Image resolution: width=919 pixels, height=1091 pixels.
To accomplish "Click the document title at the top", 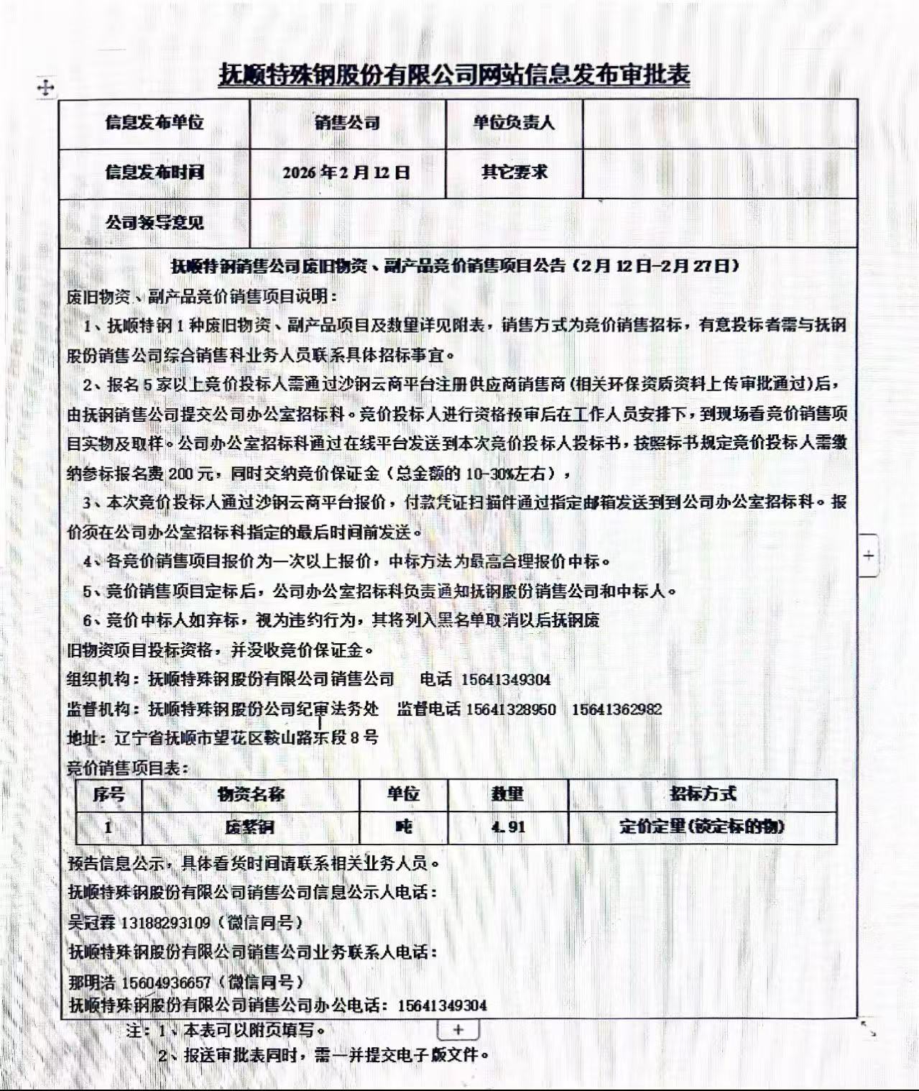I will (x=453, y=75).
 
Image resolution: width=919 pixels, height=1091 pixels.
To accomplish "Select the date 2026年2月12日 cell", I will (x=346, y=172).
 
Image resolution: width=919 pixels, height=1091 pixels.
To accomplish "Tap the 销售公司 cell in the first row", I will (x=347, y=123).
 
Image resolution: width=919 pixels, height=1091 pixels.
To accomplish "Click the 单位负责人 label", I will (x=514, y=123).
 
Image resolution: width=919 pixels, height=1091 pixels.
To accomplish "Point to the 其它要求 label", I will (x=514, y=172).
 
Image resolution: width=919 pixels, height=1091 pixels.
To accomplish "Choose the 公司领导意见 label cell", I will (x=154, y=223).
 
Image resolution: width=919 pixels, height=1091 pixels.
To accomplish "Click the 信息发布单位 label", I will (x=154, y=123).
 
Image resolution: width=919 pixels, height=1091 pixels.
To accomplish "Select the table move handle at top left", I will (x=45, y=88).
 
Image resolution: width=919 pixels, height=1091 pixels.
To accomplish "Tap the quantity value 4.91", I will (x=508, y=827).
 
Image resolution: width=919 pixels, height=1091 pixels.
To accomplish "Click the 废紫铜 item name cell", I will (x=250, y=827).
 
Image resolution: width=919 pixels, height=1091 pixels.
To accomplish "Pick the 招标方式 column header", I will (x=702, y=794).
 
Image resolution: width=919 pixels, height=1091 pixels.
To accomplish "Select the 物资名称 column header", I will (x=250, y=794).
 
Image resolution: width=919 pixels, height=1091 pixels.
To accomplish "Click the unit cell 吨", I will (x=403, y=827).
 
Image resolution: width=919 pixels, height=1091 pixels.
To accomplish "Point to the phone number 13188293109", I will (x=166, y=923).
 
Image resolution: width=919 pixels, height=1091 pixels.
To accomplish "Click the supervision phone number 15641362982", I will (x=616, y=709).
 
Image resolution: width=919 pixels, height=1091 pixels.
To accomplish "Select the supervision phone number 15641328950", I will (x=511, y=709).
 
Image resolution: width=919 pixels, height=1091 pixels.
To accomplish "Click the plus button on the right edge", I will (x=869, y=556).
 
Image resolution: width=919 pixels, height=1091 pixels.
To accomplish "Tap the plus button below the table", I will (x=458, y=1030).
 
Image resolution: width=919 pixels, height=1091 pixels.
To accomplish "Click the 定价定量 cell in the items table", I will (x=702, y=827).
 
